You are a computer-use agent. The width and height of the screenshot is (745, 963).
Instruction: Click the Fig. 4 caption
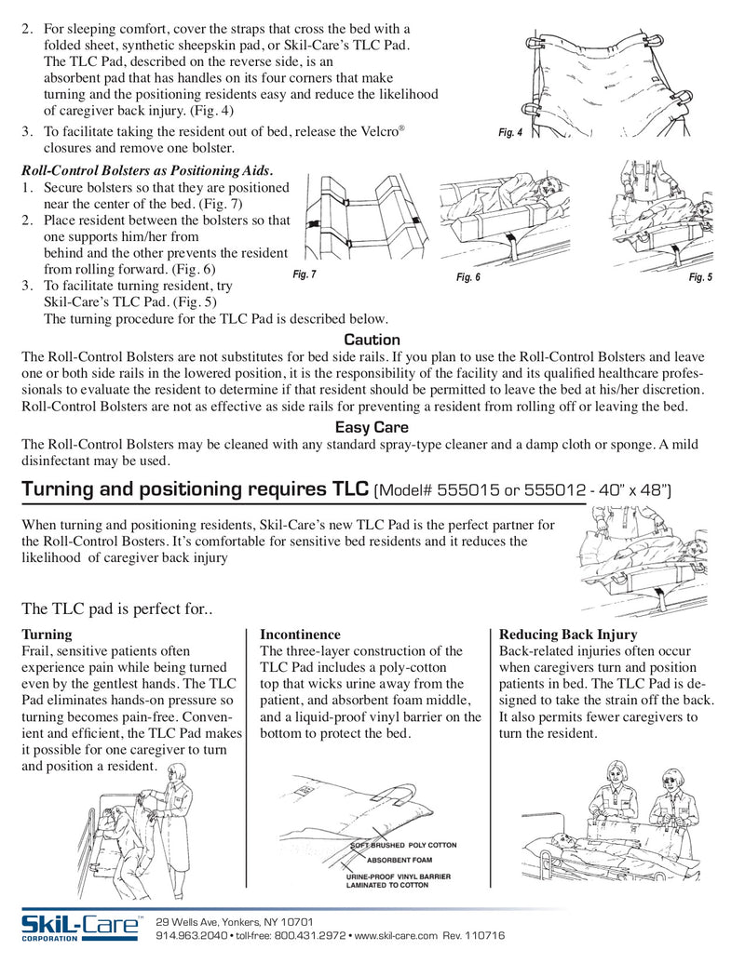point(510,133)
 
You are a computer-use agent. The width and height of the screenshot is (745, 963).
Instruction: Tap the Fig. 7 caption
point(305,274)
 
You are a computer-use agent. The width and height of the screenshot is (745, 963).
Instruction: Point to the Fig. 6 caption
point(468,278)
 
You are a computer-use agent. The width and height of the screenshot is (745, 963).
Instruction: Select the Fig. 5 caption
point(700,277)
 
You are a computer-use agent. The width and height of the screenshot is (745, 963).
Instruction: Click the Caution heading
point(372,340)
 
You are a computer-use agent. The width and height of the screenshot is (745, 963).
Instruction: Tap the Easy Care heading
point(372,428)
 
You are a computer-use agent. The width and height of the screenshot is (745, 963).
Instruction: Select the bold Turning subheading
point(47,635)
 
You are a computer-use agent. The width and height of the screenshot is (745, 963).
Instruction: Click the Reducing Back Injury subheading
point(568,635)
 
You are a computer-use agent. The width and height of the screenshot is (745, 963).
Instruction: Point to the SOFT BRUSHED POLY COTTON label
point(403,845)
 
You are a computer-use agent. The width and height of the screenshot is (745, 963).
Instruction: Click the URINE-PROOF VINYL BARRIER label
point(398,876)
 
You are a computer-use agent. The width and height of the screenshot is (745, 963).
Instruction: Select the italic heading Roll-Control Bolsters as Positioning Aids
point(147,170)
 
